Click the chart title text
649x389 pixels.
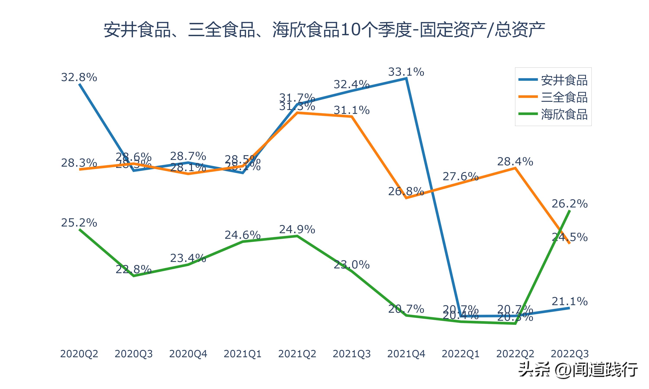click(324, 30)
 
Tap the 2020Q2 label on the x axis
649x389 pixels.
click(79, 354)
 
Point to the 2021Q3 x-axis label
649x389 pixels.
click(352, 354)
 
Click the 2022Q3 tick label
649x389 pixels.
click(570, 354)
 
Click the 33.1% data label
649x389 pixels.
click(406, 72)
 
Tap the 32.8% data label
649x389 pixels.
click(79, 77)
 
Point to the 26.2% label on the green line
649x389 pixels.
click(570, 204)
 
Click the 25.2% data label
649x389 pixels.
click(79, 223)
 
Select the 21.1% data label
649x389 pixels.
click(570, 301)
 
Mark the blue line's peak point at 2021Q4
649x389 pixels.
click(406, 78)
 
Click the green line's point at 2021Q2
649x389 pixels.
click(297, 236)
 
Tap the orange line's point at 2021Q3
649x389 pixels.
click(352, 117)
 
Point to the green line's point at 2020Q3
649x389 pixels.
click(134, 276)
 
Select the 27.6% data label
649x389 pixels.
click(461, 176)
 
